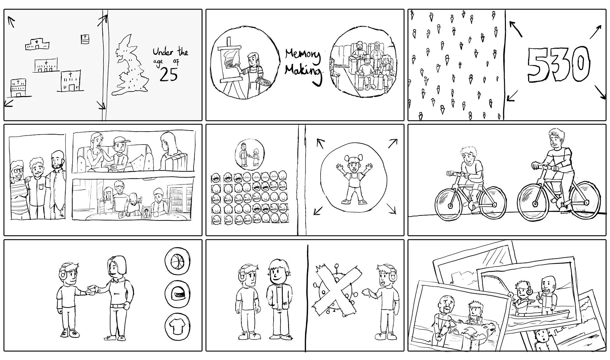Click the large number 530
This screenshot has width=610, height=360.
(x=558, y=64)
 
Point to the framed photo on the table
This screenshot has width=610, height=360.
(x=146, y=213)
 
